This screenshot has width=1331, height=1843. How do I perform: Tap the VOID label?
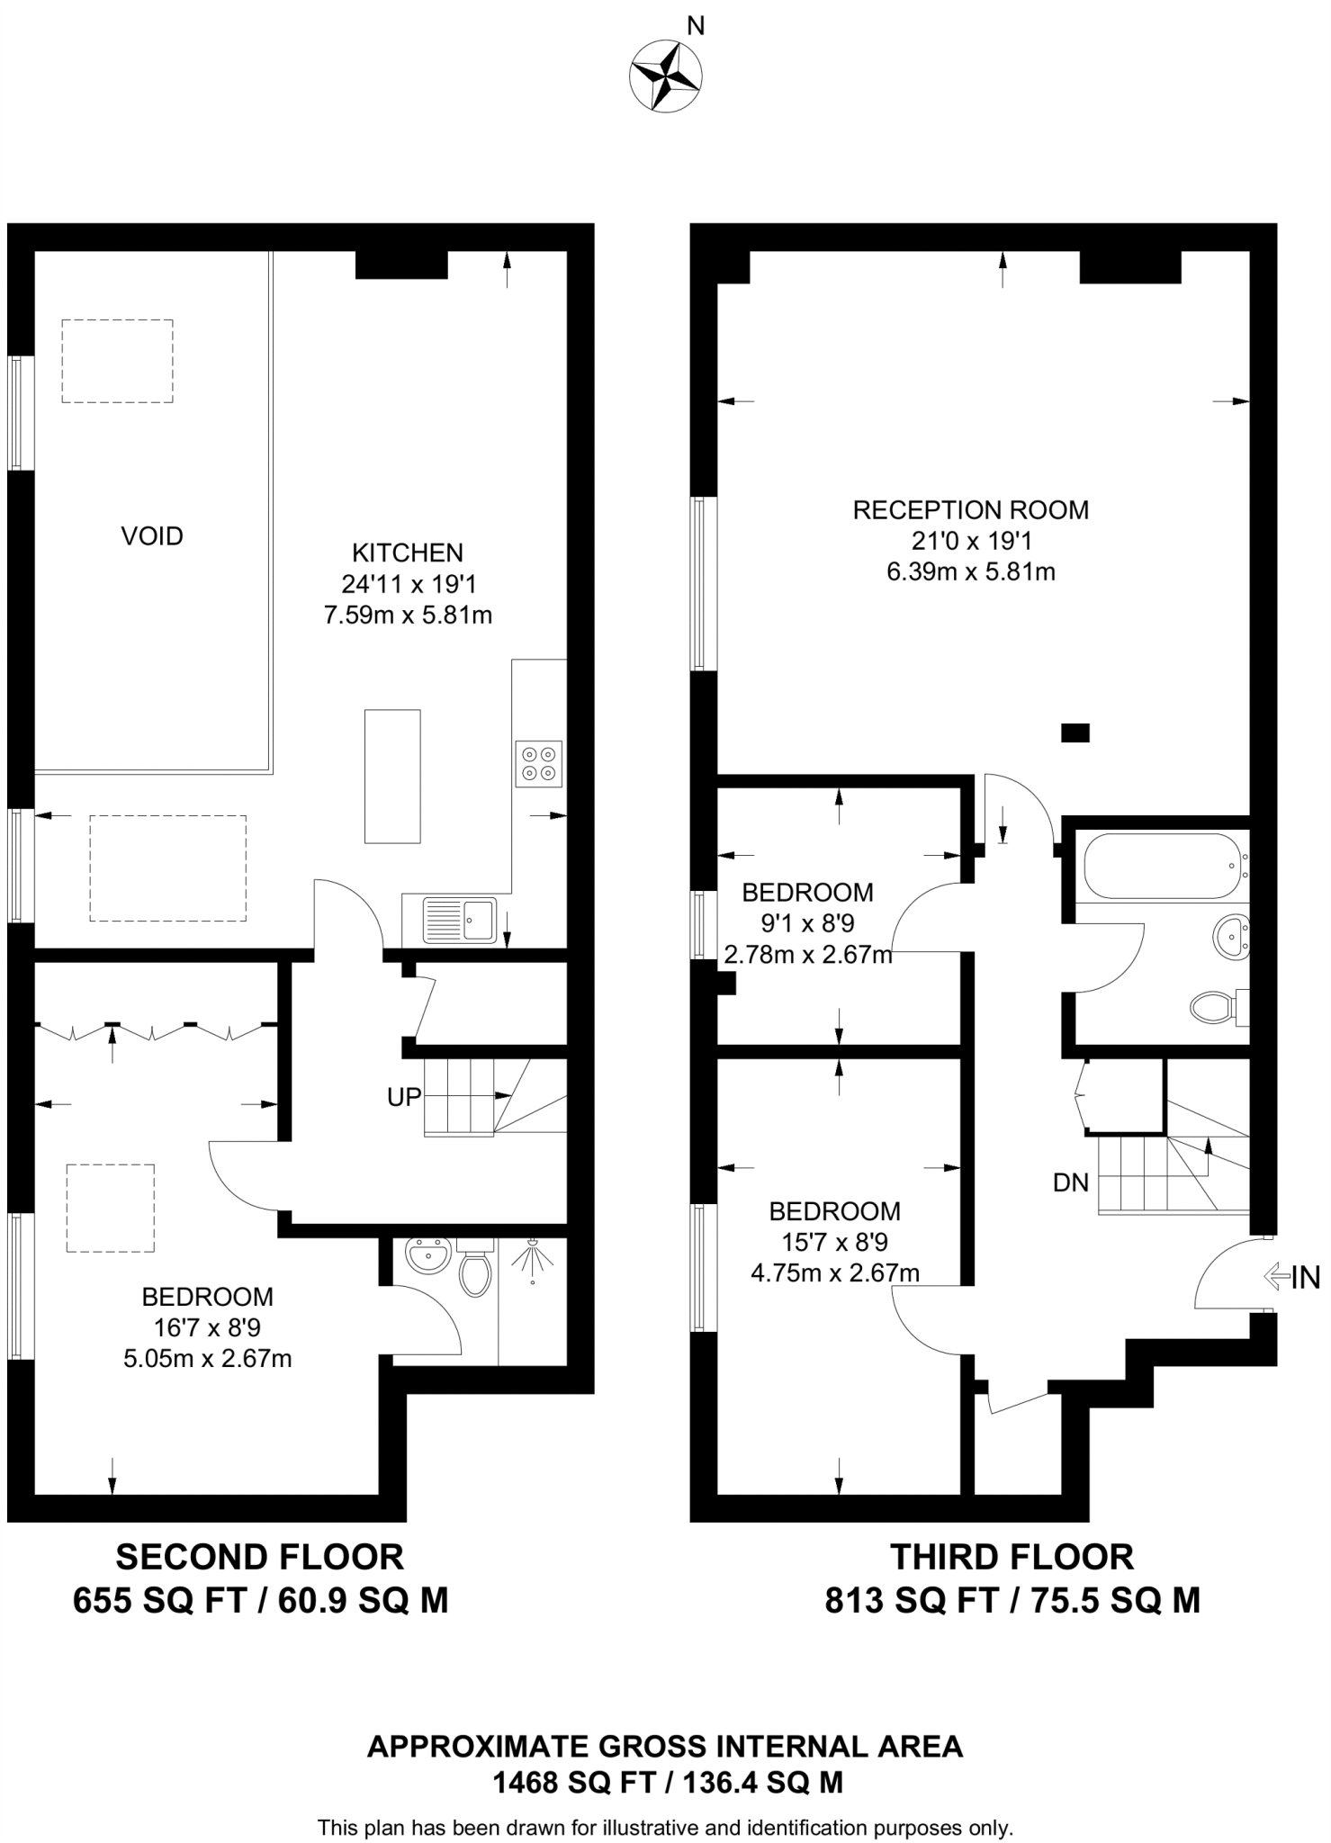(152, 536)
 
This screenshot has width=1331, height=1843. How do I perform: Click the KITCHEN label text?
(407, 553)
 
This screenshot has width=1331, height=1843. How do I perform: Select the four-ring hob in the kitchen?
(538, 763)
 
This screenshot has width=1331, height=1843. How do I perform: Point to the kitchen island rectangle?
(392, 776)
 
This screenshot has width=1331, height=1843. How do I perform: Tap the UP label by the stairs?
(404, 1097)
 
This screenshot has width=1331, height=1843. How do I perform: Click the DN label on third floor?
(1071, 1182)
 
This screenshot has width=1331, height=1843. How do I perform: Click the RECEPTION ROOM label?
(970, 510)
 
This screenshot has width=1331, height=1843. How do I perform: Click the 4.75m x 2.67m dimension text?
(834, 1272)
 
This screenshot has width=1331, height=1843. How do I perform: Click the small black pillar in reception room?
(1075, 733)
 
